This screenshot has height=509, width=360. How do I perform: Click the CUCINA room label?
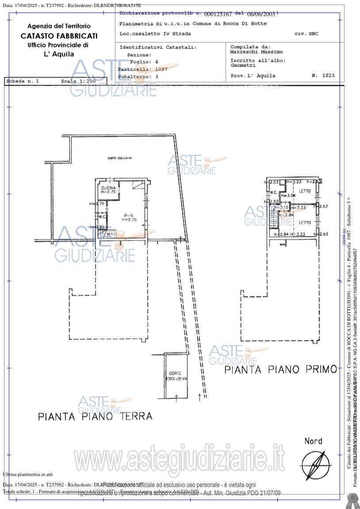(108, 188)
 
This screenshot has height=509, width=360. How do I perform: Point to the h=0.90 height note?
(97, 227)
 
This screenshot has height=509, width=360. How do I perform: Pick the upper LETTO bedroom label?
(305, 191)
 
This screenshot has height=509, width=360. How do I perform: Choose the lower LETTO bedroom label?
(305, 223)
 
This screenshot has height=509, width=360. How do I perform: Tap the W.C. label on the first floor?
(273, 193)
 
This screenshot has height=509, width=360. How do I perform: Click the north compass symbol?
(315, 465)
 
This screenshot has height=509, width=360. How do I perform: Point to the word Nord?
(313, 441)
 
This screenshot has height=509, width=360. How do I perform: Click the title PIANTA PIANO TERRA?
(95, 416)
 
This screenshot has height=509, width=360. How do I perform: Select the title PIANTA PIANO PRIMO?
(281, 369)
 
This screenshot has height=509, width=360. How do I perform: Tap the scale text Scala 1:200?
(78, 81)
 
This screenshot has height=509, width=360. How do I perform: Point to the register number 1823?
(328, 76)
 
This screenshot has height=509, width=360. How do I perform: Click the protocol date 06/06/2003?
(261, 15)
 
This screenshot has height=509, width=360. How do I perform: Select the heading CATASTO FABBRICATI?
(59, 36)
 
